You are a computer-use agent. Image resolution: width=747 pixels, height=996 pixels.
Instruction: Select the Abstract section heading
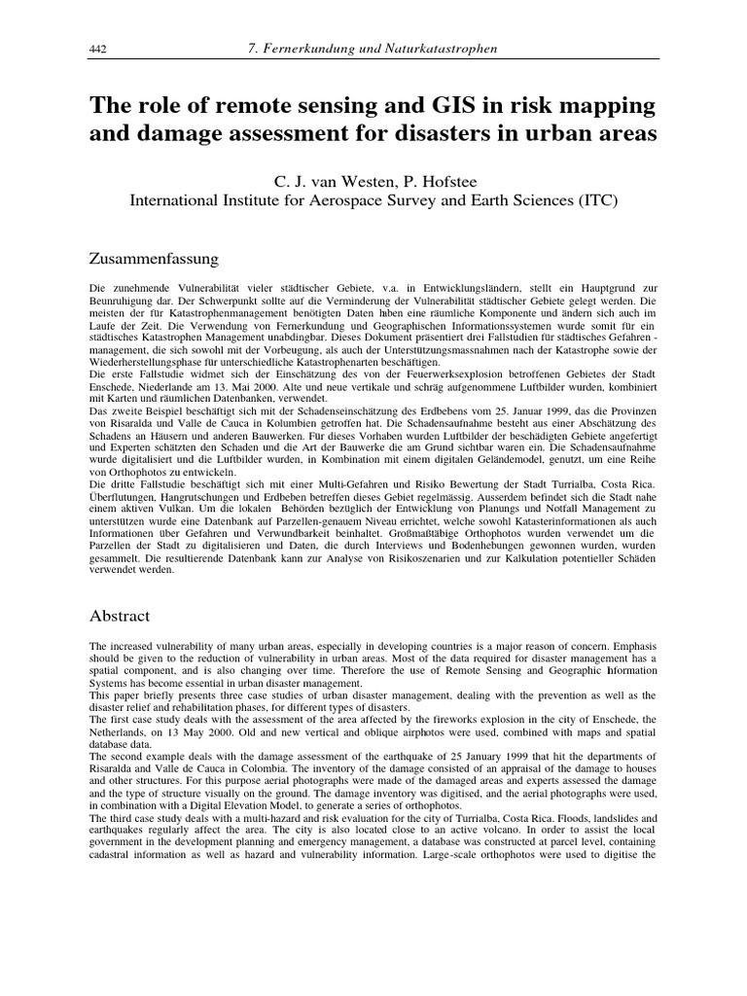pyautogui.click(x=120, y=616)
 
